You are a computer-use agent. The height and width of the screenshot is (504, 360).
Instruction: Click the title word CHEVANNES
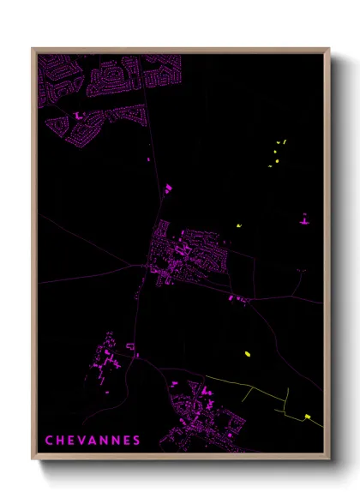[x=93, y=441]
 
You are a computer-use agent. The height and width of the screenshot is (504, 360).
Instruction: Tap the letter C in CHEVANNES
[x=49, y=441]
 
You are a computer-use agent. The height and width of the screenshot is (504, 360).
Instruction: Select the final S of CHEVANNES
[x=136, y=441]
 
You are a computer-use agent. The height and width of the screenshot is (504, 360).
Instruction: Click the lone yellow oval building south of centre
[x=246, y=351]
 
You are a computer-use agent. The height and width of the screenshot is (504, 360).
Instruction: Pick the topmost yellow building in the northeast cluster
[x=280, y=142]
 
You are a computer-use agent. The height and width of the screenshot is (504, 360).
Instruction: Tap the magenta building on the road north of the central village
[x=169, y=186]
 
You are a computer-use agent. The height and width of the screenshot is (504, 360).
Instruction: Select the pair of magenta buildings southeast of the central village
[x=236, y=298]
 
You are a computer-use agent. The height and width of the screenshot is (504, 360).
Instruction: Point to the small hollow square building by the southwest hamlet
[x=129, y=345]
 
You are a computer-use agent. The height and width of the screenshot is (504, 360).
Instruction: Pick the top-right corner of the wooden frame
[x=329, y=49]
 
